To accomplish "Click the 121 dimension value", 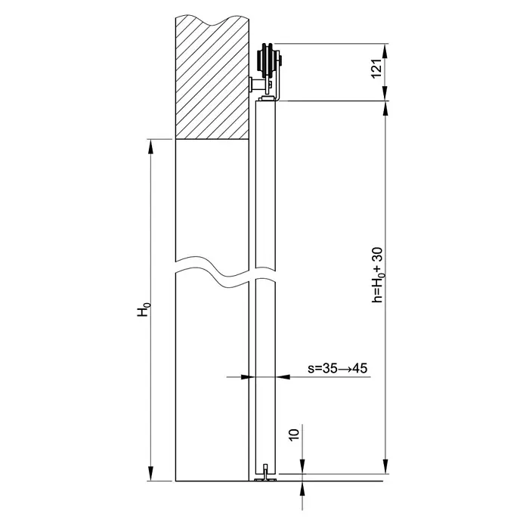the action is coord(376,69).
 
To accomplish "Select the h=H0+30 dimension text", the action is coord(377,275).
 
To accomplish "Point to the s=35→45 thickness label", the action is coord(338,368).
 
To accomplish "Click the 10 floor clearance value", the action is coord(294,435).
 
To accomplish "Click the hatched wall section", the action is coord(212,77).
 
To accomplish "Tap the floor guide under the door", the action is coord(265,473).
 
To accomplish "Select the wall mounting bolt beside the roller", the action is coord(257,84).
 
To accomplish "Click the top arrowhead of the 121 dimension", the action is coord(385,51).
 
